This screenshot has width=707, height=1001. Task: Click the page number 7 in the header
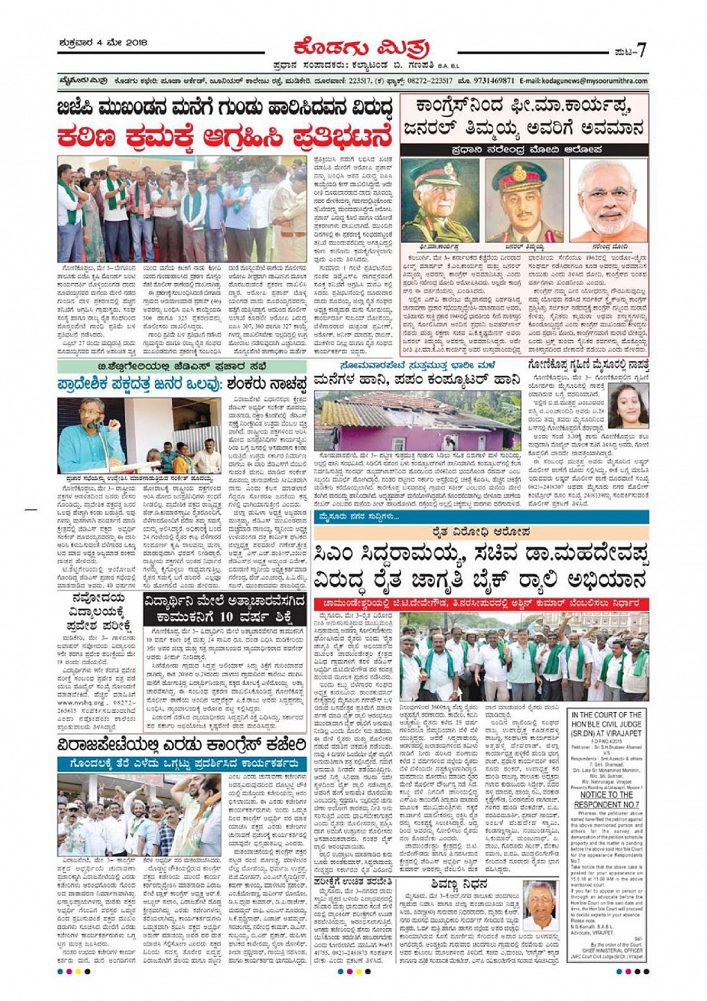point(640,49)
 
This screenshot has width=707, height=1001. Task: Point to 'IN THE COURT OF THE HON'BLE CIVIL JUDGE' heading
point(607,722)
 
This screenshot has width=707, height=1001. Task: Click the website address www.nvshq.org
point(80,703)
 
